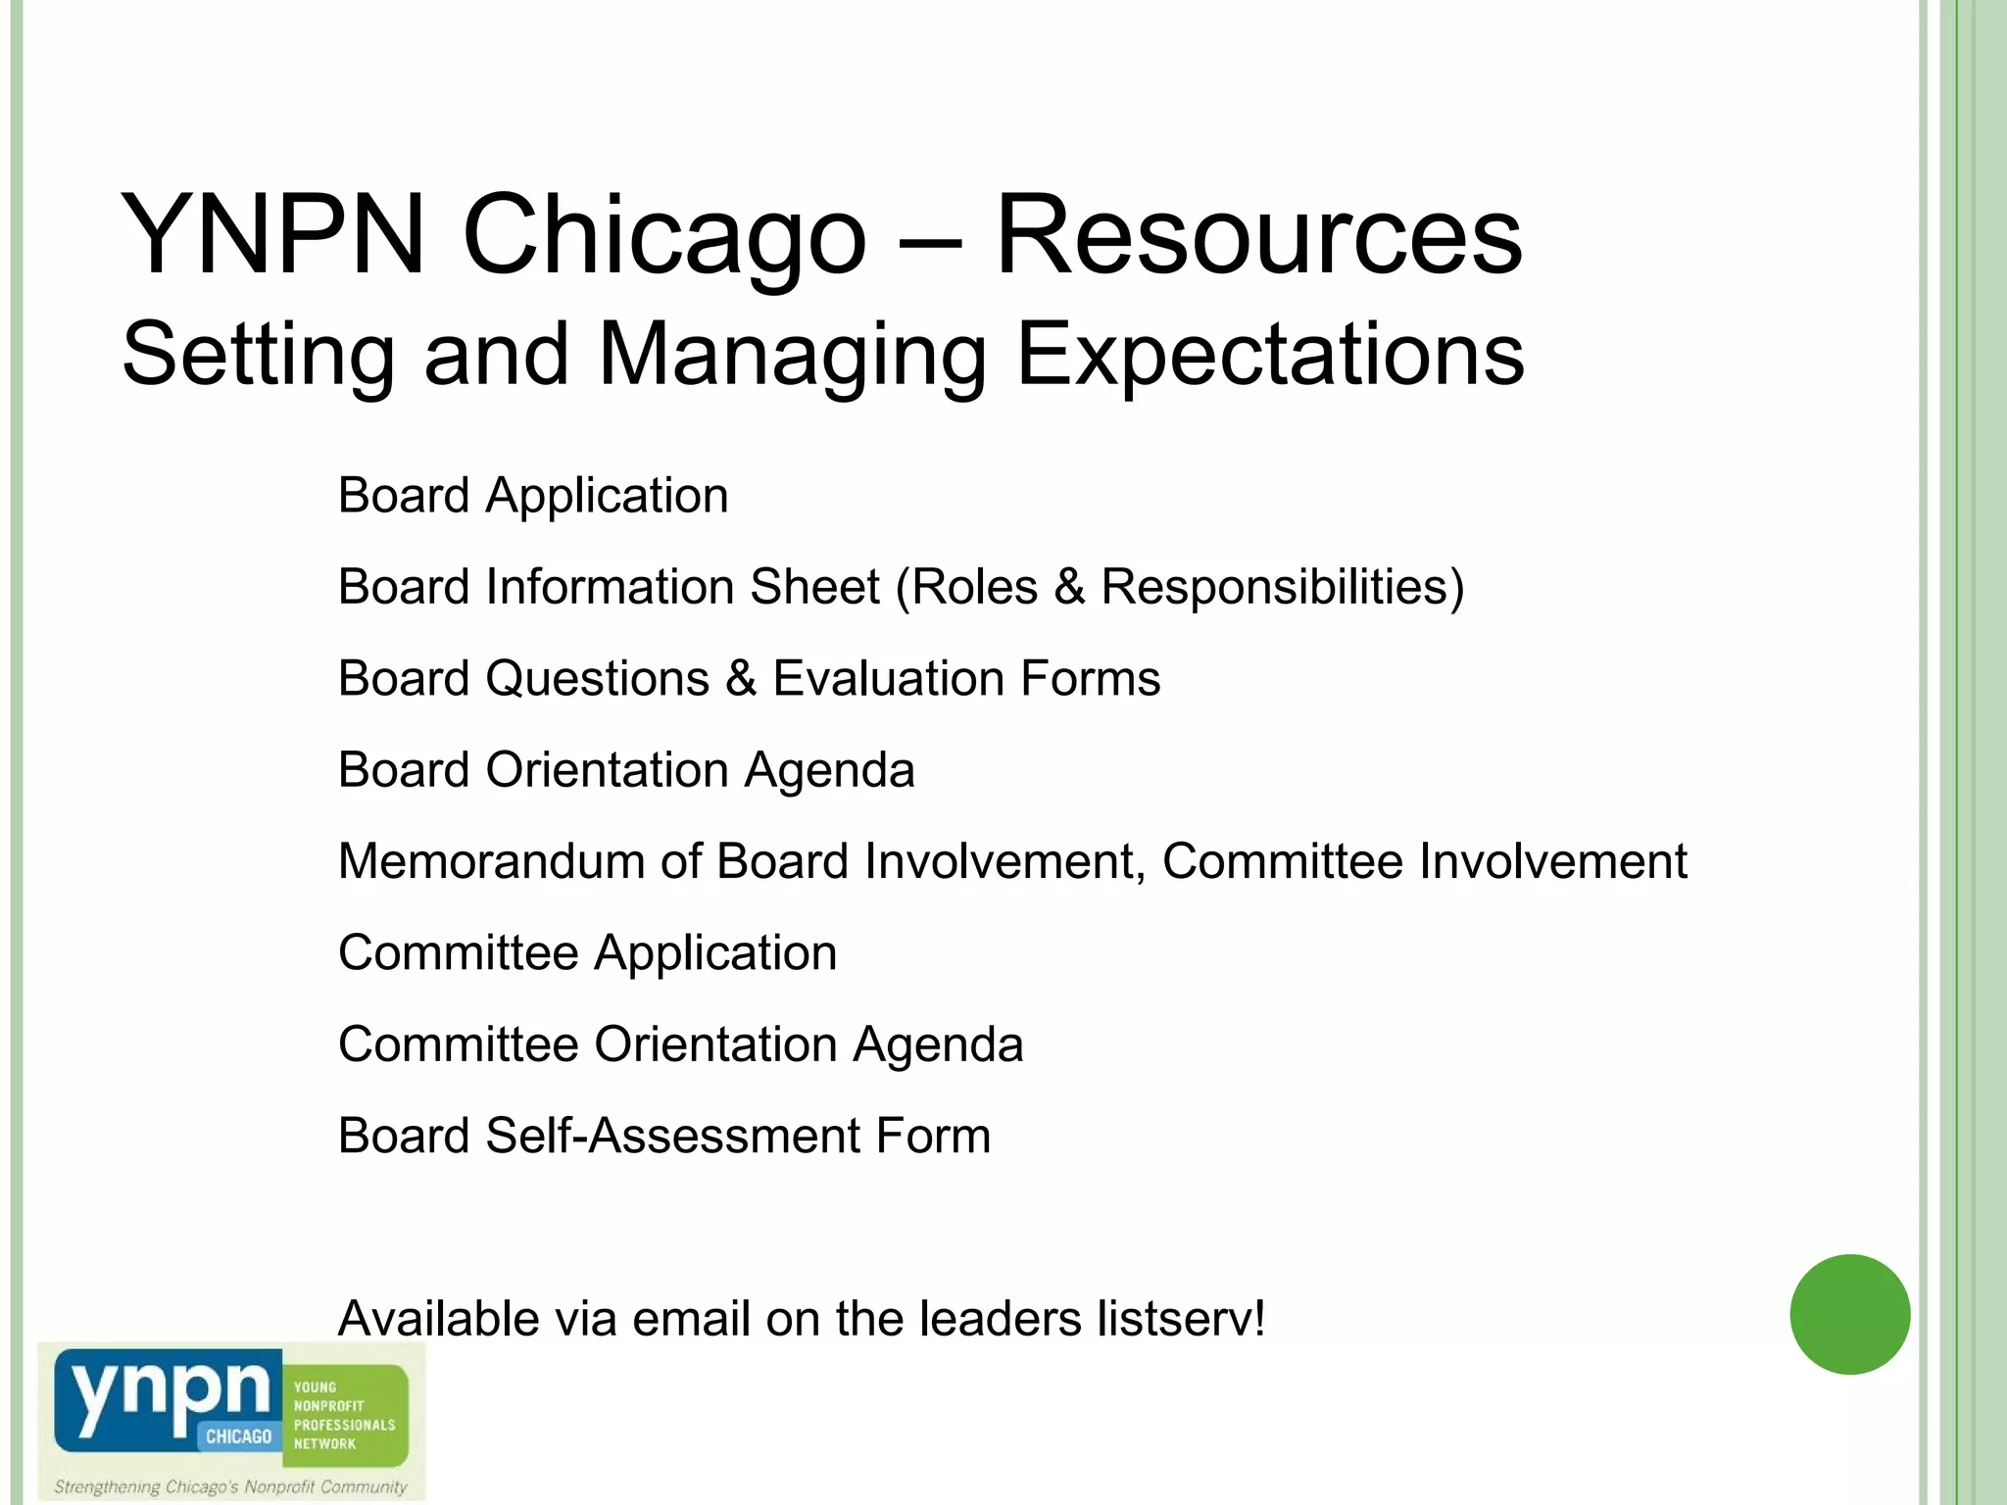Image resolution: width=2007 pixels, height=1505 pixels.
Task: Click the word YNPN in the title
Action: [x=272, y=236]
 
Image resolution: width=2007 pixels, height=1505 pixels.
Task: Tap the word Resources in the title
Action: [x=1258, y=236]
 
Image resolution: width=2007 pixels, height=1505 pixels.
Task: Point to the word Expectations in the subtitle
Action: [x=1270, y=355]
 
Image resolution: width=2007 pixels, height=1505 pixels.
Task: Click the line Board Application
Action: [x=533, y=496]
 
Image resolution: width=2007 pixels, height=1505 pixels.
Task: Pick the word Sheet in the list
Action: [x=814, y=587]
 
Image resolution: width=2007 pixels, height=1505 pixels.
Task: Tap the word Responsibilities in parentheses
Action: [x=1274, y=587]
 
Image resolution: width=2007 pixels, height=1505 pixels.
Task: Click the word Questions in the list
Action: [x=597, y=678]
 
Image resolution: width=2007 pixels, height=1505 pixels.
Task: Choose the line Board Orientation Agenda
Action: [x=626, y=770]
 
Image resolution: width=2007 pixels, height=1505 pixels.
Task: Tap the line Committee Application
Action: [x=587, y=953]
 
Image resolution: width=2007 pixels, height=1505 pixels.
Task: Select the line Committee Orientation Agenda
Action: [x=680, y=1044]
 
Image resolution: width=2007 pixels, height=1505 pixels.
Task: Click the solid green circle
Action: [x=1849, y=1314]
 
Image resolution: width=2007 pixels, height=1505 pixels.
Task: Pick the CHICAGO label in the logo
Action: [x=238, y=1436]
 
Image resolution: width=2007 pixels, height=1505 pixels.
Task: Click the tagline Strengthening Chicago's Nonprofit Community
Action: [x=230, y=1486]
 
